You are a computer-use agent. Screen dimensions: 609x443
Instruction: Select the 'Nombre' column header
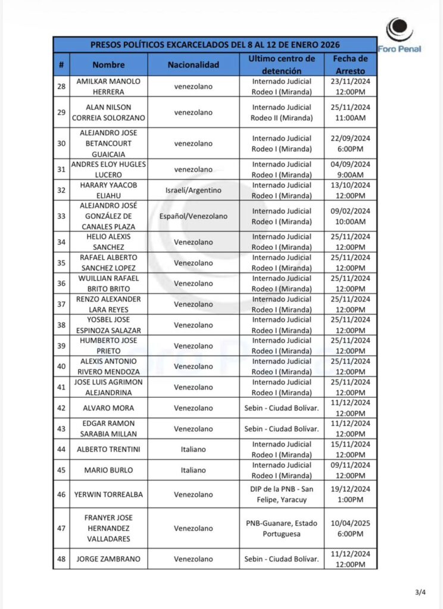coord(108,64)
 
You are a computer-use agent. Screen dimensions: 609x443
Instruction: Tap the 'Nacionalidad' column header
coord(194,64)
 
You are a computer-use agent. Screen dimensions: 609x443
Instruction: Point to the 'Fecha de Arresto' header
coord(350,64)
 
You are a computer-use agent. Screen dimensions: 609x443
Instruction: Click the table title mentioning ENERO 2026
coord(214,45)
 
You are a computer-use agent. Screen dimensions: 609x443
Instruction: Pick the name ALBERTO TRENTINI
coord(108,450)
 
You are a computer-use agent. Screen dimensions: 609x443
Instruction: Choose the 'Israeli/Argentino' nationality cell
coord(194,190)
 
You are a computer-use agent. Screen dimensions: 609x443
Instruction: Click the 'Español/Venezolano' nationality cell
coord(194,216)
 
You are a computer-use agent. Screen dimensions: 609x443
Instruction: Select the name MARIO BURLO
coord(108,470)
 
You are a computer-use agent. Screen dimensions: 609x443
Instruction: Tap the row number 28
coord(61,86)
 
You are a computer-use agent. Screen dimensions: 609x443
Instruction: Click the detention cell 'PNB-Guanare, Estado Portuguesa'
coord(282,528)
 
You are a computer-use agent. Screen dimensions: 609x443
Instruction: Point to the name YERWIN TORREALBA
coord(108,494)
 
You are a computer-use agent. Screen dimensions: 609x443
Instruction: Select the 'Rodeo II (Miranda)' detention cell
coord(282,112)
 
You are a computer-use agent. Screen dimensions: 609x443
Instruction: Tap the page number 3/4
coord(420,592)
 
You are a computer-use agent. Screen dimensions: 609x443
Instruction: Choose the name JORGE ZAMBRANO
coord(108,558)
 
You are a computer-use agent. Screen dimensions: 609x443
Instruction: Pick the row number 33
coord(61,216)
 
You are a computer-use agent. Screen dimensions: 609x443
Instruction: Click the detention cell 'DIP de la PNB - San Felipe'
coord(282,494)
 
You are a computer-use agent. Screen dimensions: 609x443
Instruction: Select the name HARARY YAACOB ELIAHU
coord(108,190)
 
